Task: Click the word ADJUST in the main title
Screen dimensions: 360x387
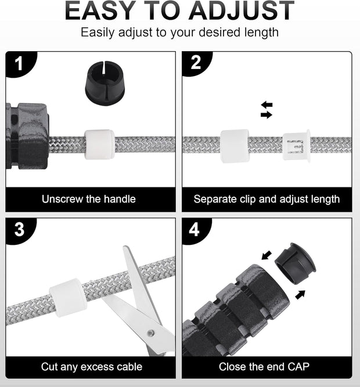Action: pos(242,10)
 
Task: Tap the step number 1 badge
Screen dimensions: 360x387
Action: pos(20,64)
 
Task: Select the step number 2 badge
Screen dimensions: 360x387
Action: pos(196,63)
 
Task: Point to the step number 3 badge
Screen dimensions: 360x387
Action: pos(20,230)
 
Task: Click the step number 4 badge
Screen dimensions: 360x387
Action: pos(196,230)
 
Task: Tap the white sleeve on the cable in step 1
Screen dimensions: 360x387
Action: pos(99,144)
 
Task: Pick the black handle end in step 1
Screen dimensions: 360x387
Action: pos(27,136)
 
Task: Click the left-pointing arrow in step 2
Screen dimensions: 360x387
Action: pos(267,104)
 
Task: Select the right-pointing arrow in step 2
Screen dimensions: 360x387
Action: pos(267,114)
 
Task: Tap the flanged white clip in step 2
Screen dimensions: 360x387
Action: pos(296,146)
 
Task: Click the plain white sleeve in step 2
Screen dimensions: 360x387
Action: pos(235,146)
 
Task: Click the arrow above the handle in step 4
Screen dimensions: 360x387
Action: pos(267,255)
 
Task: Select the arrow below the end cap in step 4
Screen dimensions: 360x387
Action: pos(300,295)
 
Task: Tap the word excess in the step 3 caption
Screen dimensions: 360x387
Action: pos(95,367)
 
